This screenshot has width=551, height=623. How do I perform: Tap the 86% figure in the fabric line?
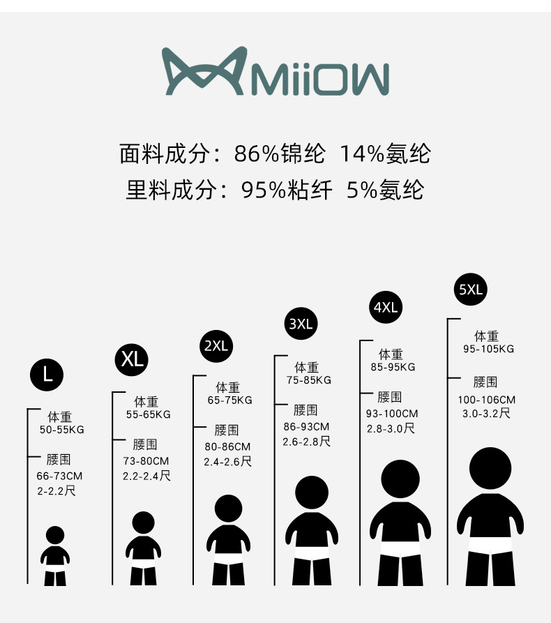[257, 153]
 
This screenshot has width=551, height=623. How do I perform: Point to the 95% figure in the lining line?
[264, 190]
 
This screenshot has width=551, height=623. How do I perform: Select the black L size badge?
[47, 375]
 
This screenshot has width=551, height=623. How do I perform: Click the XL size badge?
[132, 359]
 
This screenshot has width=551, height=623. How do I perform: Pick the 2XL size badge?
[216, 345]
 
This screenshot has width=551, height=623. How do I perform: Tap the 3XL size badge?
[301, 324]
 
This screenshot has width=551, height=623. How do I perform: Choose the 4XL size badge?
[385, 307]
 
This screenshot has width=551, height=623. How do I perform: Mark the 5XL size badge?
[470, 290]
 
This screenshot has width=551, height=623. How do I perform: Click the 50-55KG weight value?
[62, 430]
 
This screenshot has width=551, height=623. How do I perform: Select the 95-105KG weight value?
[489, 349]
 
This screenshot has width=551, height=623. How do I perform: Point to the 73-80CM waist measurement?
[146, 461]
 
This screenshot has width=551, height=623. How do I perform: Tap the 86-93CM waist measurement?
[306, 427]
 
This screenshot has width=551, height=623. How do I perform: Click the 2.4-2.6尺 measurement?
[227, 462]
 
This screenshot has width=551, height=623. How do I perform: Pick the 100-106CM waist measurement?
[487, 400]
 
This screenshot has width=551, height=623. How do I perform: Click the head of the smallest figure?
[55, 535]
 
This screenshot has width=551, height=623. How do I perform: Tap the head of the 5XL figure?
[490, 468]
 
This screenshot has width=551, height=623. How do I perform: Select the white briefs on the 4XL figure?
[400, 549]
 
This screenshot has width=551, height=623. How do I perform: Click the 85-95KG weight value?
[393, 367]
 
